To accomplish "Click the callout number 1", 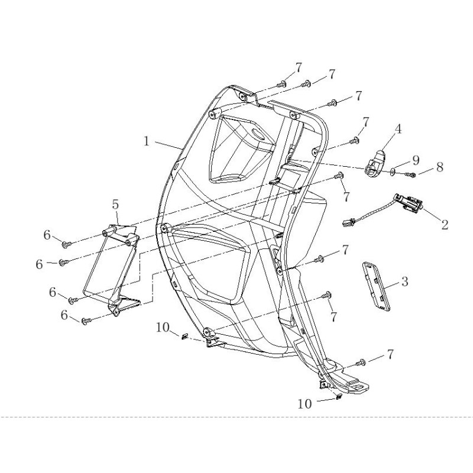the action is (146, 141).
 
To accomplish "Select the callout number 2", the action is (445, 225).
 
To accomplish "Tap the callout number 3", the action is (404, 281).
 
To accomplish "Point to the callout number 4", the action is (398, 129).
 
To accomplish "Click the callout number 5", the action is (115, 205).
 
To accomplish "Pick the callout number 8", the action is (440, 167).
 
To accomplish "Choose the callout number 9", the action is (416, 160).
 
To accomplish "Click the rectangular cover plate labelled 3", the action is (376, 286).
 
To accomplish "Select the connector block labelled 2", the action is (409, 203).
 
